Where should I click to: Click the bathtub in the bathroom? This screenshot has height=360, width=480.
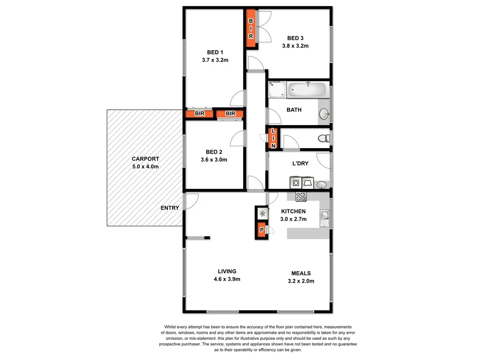click(x=307, y=89)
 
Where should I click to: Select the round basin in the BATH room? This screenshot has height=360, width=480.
click(x=323, y=114)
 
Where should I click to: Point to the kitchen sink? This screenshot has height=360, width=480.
click(x=325, y=215)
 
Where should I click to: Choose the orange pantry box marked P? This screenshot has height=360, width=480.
click(x=261, y=230)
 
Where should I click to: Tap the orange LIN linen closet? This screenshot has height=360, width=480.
click(x=273, y=139)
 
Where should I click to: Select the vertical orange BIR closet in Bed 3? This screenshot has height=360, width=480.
click(x=251, y=28)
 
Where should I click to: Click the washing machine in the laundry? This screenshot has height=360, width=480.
click(x=296, y=182)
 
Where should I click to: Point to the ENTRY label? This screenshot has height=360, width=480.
click(x=170, y=208)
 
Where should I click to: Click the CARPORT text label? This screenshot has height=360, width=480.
click(x=145, y=159)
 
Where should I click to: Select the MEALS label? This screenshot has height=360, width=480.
click(x=300, y=273)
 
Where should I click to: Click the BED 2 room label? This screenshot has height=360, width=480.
click(x=214, y=152)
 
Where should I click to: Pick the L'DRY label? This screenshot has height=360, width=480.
click(x=300, y=164)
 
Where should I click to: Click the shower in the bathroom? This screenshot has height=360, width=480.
click(x=277, y=89)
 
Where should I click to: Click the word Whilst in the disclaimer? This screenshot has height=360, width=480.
click(x=172, y=327)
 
